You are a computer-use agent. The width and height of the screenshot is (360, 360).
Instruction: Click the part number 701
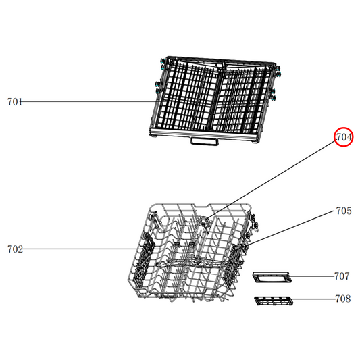[15, 102]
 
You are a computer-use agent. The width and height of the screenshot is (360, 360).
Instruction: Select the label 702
[15, 249]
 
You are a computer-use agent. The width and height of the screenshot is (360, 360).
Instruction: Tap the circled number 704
[344, 138]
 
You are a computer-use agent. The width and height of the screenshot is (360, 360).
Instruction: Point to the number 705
[343, 211]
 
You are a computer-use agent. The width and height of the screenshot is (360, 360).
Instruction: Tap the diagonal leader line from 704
[277, 177]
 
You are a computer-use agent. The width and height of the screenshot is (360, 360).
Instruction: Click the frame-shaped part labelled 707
[271, 277]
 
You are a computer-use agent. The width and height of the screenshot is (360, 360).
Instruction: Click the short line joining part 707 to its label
[311, 276]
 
